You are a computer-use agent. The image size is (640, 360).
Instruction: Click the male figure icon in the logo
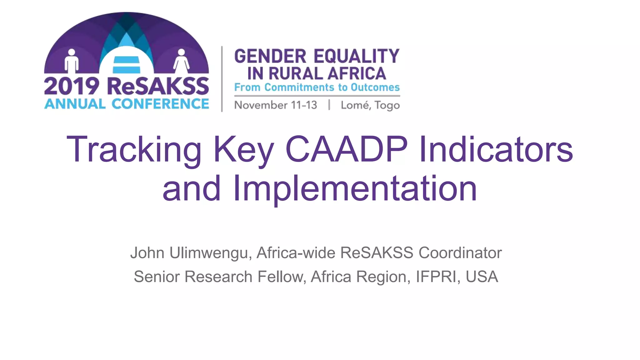(x=72, y=61)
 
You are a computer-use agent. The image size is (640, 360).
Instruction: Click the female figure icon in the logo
(x=181, y=61)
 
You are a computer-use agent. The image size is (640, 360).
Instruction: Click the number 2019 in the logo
(x=72, y=87)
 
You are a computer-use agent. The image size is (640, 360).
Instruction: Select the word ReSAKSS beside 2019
(x=158, y=87)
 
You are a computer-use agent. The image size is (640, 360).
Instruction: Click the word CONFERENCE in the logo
(x=160, y=104)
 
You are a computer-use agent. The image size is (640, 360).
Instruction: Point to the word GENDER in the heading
(x=270, y=56)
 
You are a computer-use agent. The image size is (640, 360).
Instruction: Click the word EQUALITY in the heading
(x=357, y=56)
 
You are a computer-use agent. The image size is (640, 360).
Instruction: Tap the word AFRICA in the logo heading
(x=357, y=74)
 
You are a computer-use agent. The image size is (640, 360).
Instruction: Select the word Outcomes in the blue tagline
(x=375, y=87)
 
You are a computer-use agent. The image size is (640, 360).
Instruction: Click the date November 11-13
(x=276, y=105)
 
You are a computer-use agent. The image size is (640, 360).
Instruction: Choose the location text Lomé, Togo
(x=370, y=105)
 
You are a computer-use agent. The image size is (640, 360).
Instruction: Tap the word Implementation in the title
(x=355, y=188)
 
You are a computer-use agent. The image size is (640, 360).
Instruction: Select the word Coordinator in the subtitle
(x=460, y=253)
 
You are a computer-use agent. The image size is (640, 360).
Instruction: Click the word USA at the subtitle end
(x=482, y=277)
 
